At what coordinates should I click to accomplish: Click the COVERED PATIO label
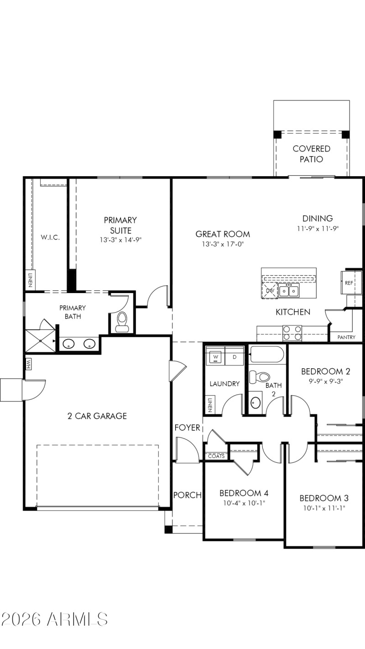(x=311, y=154)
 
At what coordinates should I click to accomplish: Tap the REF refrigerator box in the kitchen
(x=349, y=283)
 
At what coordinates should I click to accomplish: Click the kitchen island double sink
(x=289, y=290)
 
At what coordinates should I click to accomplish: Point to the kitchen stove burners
(x=292, y=333)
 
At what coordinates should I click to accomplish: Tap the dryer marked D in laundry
(x=235, y=357)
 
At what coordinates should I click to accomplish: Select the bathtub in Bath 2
(x=267, y=354)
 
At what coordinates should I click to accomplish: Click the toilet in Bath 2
(x=261, y=377)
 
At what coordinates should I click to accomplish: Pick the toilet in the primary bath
(x=122, y=321)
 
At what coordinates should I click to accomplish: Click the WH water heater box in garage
(x=28, y=364)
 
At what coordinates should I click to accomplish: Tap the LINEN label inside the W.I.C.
(x=29, y=281)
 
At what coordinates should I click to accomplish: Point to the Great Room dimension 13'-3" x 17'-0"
(x=223, y=244)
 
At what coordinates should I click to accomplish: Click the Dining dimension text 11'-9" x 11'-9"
(x=318, y=228)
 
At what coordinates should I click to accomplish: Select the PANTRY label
(x=346, y=337)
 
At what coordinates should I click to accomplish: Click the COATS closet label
(x=216, y=456)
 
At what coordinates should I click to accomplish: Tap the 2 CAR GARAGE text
(x=97, y=416)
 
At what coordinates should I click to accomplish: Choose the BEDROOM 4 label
(x=244, y=493)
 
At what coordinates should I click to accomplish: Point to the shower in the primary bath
(x=40, y=340)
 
